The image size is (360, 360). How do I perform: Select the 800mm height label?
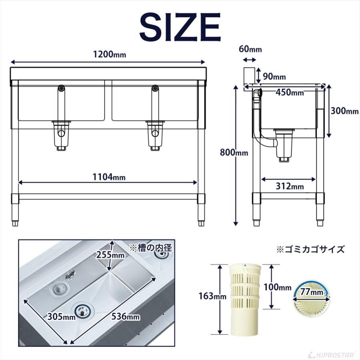(234, 152)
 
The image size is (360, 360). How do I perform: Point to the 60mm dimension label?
(250, 50)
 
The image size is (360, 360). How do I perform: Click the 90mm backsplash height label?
(274, 76)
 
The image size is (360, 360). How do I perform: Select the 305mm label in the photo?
(60, 317)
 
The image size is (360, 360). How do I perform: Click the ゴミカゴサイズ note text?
(310, 250)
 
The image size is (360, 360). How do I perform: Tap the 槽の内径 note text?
(150, 247)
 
